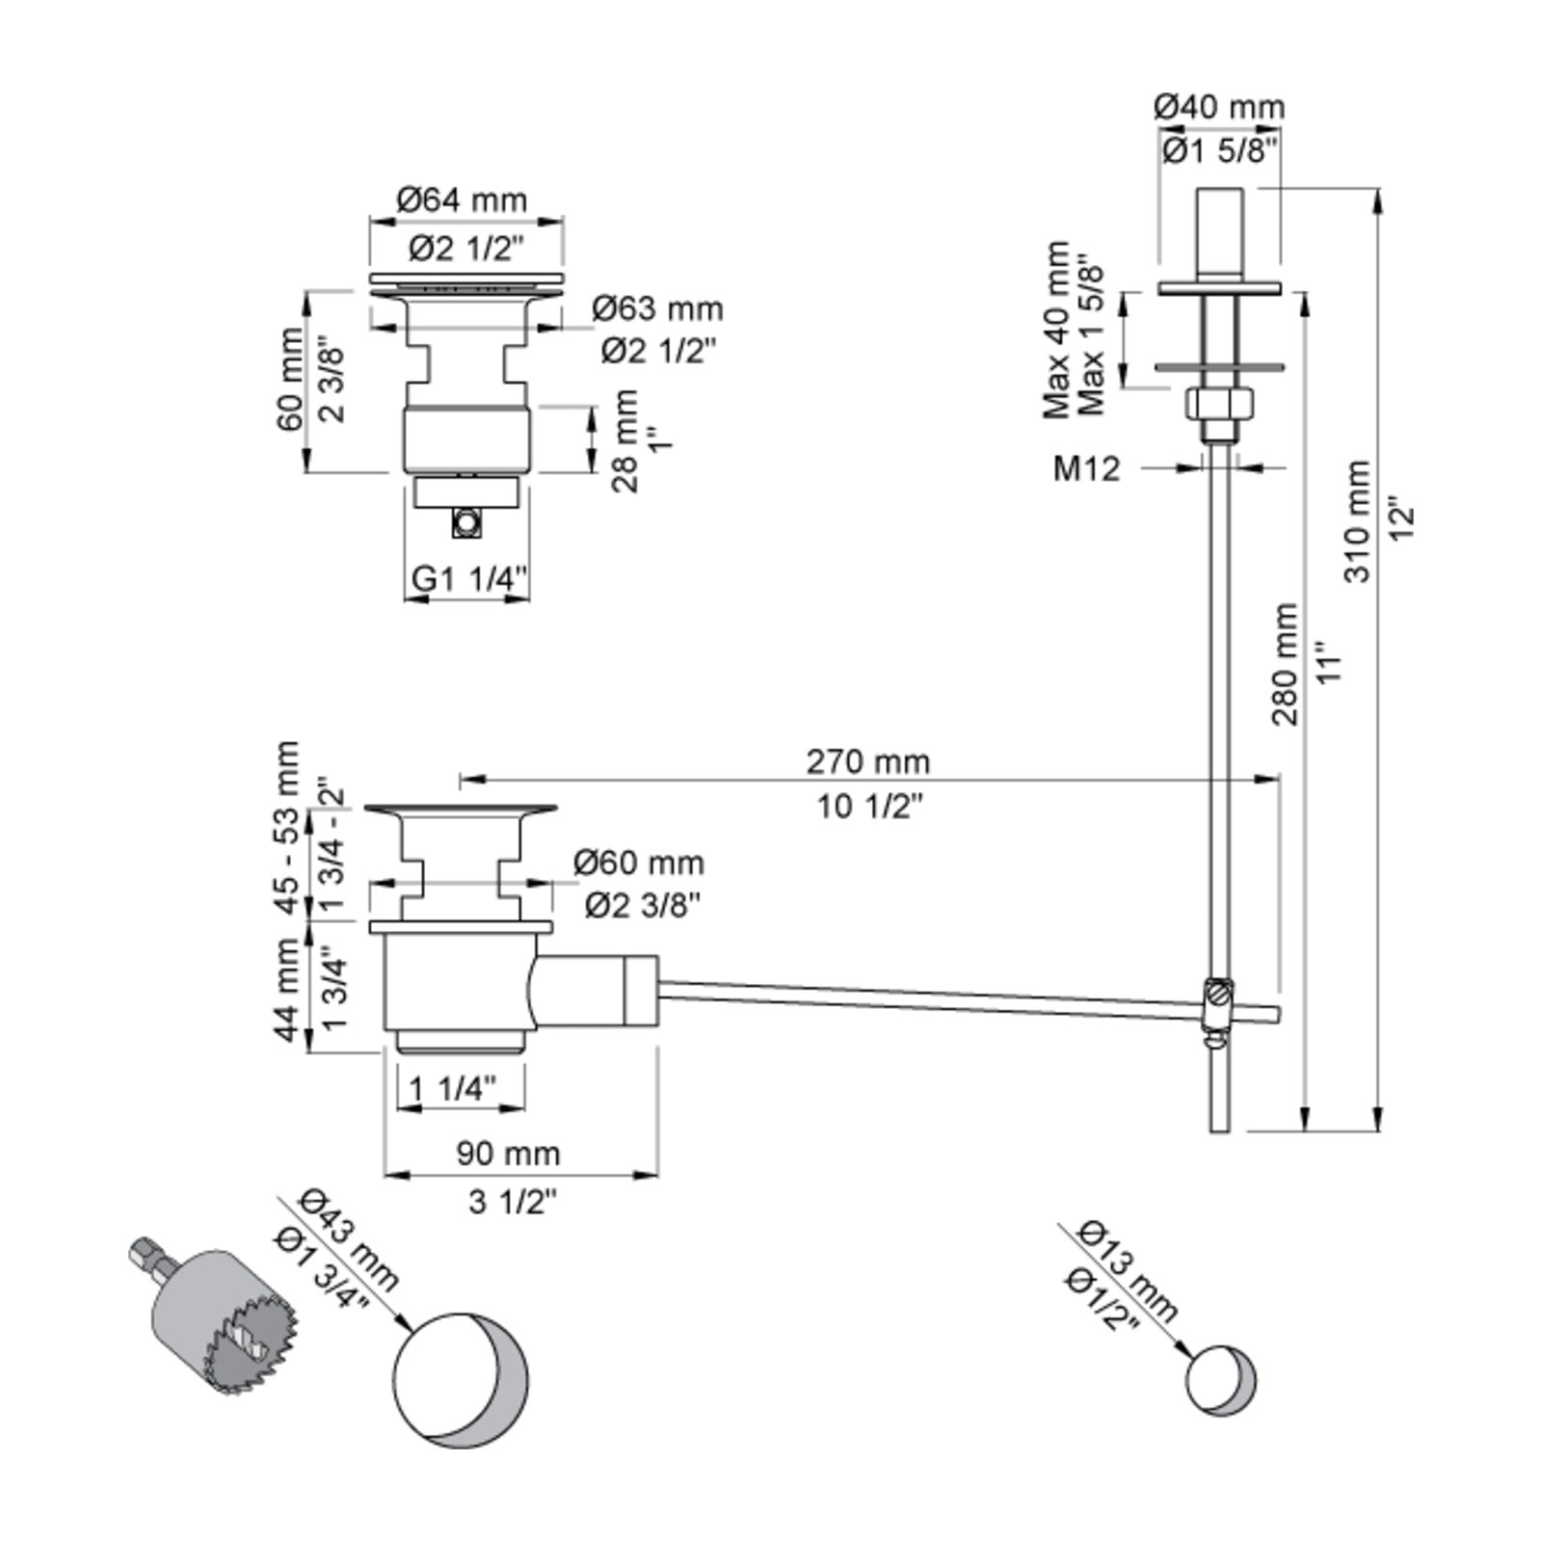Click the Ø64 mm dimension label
pos(463,199)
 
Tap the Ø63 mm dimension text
pos(657,308)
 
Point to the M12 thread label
pos(1087,468)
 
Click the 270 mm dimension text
pos(868,761)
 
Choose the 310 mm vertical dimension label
pos(1357,520)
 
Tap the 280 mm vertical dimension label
pos(1285,664)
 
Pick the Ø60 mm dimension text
pos(639,862)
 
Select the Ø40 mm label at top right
pos(1219,106)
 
